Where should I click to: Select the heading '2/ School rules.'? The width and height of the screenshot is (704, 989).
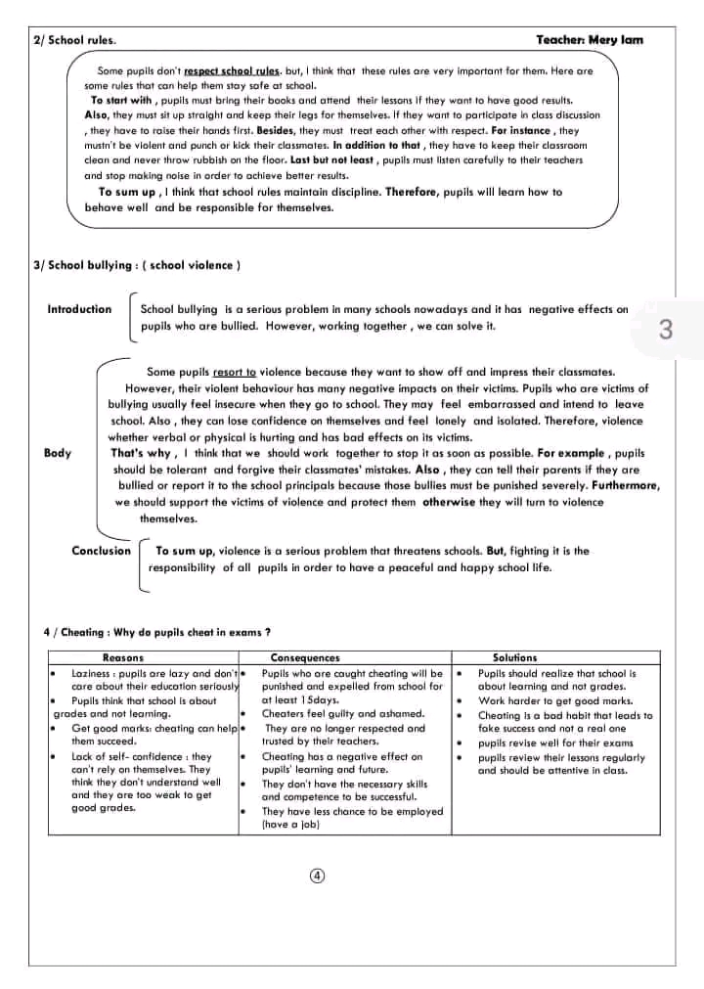click(x=73, y=40)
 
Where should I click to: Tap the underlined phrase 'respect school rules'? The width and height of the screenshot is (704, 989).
click(x=232, y=71)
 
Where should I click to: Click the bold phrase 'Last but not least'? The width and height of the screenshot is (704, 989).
click(x=332, y=159)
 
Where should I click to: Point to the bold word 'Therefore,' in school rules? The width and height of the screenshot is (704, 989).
click(x=415, y=193)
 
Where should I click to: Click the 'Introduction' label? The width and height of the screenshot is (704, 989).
click(x=79, y=309)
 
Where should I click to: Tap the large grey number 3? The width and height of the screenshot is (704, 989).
click(x=666, y=330)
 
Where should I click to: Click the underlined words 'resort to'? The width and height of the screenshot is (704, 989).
click(x=235, y=372)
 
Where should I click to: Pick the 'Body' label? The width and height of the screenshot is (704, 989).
click(x=58, y=453)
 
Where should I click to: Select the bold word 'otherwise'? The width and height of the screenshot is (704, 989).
click(x=448, y=502)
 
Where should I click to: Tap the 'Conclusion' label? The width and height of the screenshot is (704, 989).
click(x=101, y=551)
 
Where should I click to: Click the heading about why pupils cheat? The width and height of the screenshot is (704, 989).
click(x=157, y=632)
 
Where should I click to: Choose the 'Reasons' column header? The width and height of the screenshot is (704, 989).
click(x=123, y=658)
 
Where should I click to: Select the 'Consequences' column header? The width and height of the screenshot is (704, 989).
click(x=305, y=658)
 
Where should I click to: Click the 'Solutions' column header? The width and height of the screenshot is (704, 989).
click(x=515, y=658)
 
